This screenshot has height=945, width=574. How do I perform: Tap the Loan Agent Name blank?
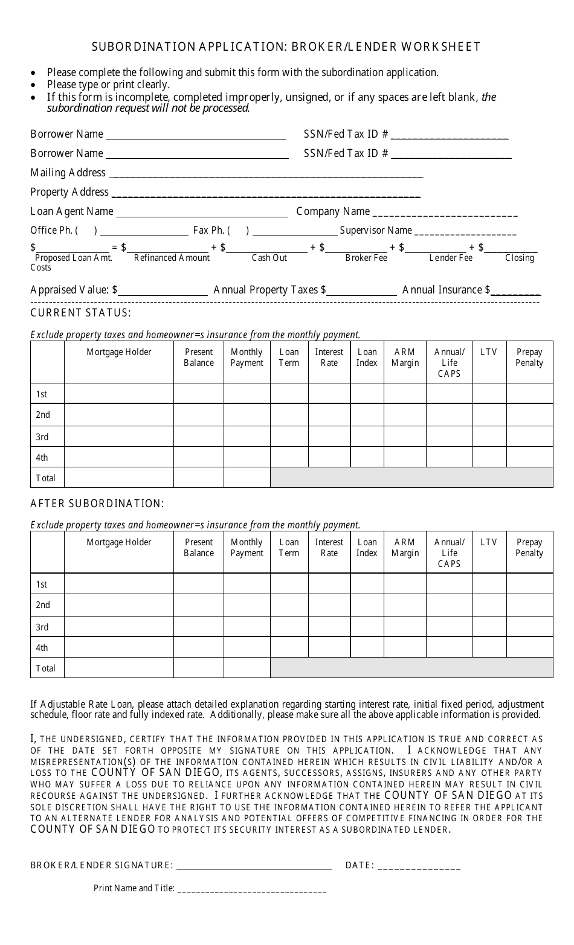[x=202, y=213]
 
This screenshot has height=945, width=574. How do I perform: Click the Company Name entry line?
[x=445, y=213]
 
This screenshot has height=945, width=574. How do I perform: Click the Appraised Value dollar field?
[x=163, y=291]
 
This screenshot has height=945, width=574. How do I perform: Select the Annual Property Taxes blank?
[x=362, y=291]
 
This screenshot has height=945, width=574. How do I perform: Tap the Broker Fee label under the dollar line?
[x=366, y=258]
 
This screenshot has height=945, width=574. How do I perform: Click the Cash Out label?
[x=269, y=258]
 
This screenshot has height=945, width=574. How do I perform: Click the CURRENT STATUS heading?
[x=80, y=313]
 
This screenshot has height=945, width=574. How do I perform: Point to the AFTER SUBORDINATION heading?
[x=97, y=504]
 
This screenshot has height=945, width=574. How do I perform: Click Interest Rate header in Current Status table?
[x=329, y=357]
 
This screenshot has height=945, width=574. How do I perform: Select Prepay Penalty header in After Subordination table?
[x=529, y=548]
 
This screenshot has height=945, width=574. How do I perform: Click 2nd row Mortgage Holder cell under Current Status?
[x=119, y=415]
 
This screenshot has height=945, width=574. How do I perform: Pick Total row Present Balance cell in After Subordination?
[x=199, y=668]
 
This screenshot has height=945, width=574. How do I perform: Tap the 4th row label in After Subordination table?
[x=42, y=648]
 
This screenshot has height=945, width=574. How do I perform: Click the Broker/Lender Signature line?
[x=254, y=866]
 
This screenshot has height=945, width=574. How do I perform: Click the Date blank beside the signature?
[x=419, y=866]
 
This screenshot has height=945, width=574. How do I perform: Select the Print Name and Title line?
[x=252, y=889]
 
